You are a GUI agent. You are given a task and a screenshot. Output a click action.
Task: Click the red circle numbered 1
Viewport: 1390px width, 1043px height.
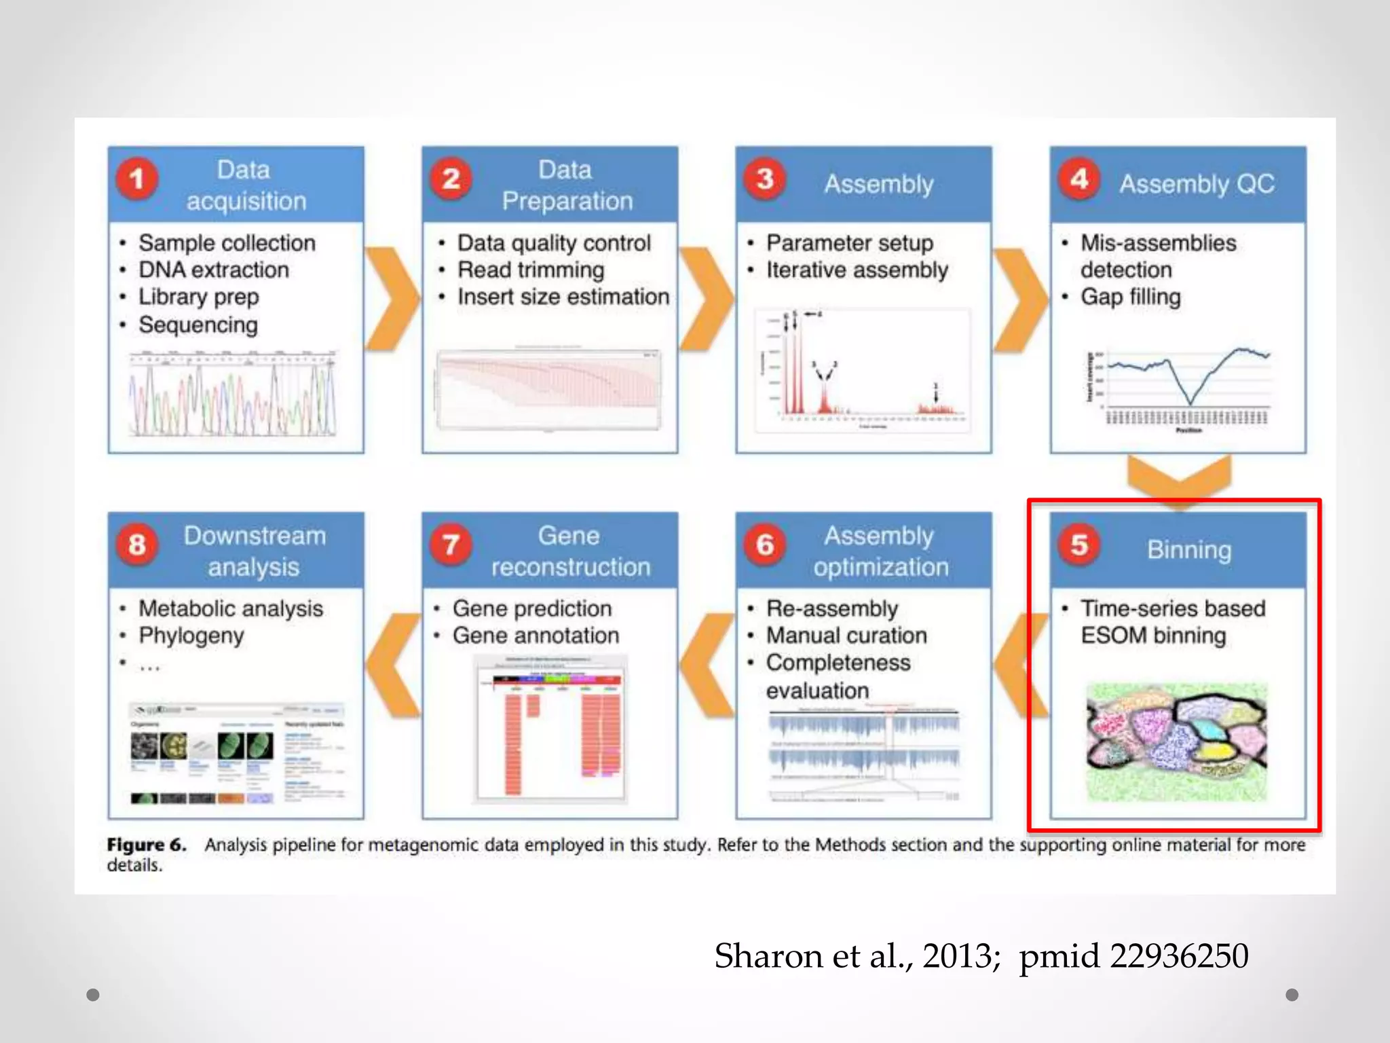click(x=136, y=179)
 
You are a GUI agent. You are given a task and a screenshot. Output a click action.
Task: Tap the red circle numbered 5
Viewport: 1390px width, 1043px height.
click(x=1079, y=545)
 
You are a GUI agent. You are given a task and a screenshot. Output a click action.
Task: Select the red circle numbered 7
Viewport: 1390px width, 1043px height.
click(x=451, y=545)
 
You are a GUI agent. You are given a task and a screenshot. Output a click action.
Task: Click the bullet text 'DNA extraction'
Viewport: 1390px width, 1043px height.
click(x=214, y=270)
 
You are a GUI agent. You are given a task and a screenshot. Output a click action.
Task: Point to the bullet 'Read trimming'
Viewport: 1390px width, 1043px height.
click(x=530, y=270)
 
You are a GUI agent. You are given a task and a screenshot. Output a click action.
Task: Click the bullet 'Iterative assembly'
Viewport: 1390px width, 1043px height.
click(x=857, y=270)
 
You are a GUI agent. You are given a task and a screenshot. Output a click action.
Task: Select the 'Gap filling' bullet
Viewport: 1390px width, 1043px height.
click(x=1130, y=297)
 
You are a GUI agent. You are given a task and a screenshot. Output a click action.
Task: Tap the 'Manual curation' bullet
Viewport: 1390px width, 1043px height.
click(x=846, y=636)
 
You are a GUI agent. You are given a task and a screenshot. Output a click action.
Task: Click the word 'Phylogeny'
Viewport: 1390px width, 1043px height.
click(x=191, y=636)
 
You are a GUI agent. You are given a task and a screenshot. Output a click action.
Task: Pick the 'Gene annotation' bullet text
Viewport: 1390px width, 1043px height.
click(x=536, y=636)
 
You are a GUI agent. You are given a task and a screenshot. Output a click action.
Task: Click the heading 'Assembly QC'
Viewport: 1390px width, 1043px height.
click(x=1197, y=184)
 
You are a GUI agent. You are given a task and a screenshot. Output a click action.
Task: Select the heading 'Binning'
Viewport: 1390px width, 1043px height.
click(x=1189, y=550)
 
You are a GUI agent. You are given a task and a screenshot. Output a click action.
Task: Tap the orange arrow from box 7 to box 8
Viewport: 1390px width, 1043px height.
click(x=394, y=665)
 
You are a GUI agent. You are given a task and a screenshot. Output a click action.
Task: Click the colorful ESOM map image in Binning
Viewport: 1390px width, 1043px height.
click(x=1176, y=742)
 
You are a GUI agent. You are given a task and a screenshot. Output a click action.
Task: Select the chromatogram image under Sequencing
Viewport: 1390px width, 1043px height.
click(x=233, y=394)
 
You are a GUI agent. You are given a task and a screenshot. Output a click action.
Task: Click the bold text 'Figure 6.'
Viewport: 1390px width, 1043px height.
click(x=146, y=845)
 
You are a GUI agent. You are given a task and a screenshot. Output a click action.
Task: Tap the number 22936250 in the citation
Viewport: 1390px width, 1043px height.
click(x=1179, y=956)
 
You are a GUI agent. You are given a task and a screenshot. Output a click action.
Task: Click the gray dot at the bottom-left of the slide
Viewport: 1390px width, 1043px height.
click(x=93, y=995)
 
